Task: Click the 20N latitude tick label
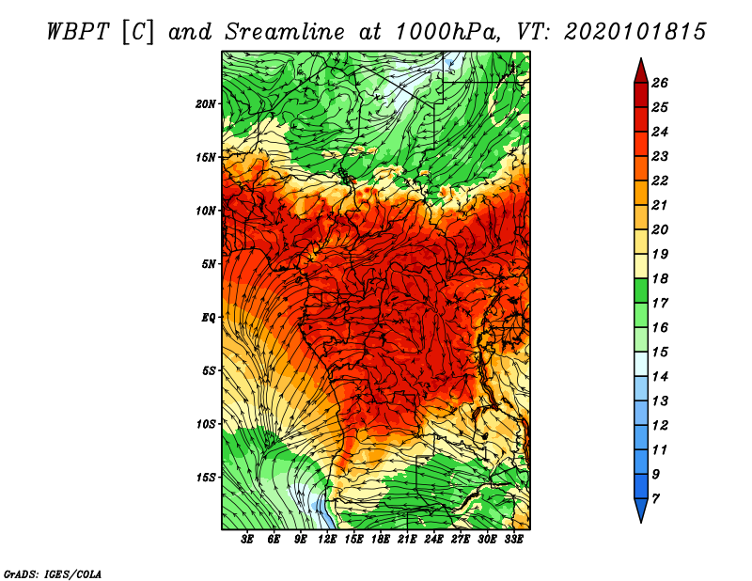205,104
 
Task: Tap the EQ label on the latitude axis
208,318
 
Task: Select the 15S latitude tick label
205,478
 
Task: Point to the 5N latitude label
208,264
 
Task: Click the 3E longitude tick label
246,540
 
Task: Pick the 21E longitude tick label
406,540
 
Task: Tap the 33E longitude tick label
513,540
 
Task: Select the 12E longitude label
326,540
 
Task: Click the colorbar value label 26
660,83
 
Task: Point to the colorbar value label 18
660,278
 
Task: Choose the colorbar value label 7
655,499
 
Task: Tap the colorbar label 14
660,377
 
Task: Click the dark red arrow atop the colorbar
641,71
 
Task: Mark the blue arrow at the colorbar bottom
641,510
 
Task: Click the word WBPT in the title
79,32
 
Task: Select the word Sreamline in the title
285,32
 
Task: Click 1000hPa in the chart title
448,32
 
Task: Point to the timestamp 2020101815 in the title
635,32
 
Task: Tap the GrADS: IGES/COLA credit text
53,574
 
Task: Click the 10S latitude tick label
205,424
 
